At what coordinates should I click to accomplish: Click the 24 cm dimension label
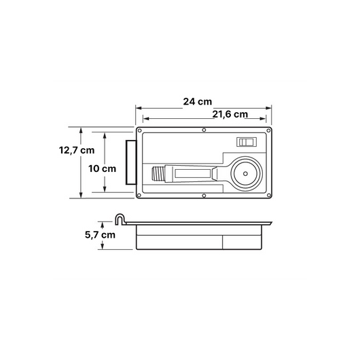198,102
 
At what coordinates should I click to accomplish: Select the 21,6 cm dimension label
230,114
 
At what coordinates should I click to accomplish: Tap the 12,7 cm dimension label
77,150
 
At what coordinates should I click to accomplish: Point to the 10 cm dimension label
102,168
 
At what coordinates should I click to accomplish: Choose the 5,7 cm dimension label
100,235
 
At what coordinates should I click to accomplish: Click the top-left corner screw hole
139,131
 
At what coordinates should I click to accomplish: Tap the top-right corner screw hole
268,131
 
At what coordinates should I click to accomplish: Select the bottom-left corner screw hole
139,196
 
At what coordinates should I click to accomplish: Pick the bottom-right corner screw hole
268,196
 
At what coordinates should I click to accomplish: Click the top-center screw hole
204,130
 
